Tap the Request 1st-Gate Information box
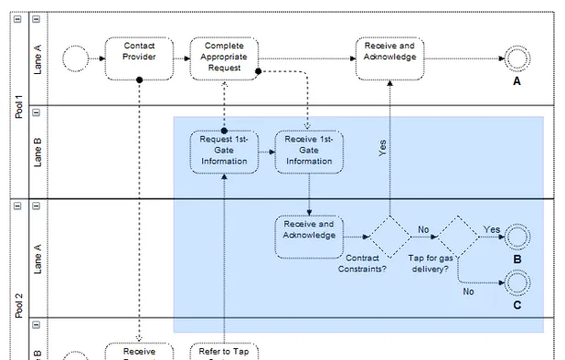[224, 152]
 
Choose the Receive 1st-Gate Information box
[309, 152]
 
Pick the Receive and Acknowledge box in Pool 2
[308, 237]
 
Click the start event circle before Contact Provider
[75, 59]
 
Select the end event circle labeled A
[517, 59]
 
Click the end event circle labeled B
[517, 237]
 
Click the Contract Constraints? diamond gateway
[389, 237]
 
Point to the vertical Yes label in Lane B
[382, 149]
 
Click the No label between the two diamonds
[423, 229]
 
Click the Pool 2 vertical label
[18, 302]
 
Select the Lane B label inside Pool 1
[37, 152]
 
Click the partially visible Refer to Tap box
[224, 351]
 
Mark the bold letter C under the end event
[517, 305]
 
